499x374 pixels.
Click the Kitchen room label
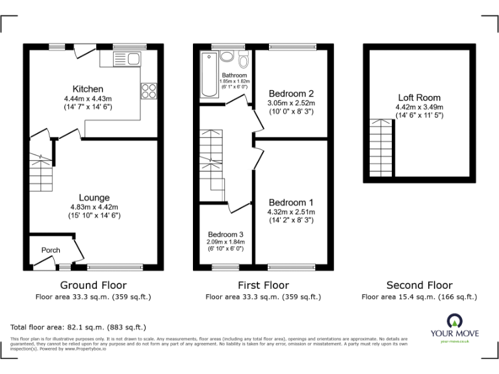[88, 88]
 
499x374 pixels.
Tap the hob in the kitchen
[147, 91]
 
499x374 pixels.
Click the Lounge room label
[94, 197]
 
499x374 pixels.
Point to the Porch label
[51, 250]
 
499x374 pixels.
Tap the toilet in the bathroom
[243, 61]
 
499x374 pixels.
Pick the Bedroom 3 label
[225, 234]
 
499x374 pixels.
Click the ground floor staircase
[41, 172]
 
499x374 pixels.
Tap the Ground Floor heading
[93, 285]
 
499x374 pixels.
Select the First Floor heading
[264, 285]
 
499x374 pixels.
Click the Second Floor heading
[419, 285]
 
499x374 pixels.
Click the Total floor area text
[79, 327]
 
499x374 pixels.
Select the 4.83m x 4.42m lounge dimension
[94, 206]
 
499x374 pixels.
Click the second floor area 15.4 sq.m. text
[419, 297]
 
